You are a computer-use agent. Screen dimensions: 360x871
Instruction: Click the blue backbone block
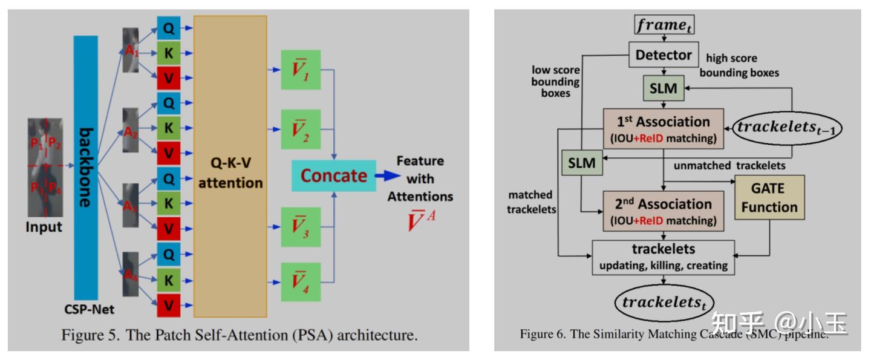[85, 167]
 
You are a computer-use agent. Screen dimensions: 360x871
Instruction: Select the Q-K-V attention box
[230, 166]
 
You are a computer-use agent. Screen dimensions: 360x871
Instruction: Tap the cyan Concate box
[333, 175]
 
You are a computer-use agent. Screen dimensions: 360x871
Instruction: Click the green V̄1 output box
[301, 70]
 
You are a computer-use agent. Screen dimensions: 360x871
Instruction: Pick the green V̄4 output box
[301, 282]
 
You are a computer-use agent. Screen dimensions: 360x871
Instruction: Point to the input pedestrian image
[45, 167]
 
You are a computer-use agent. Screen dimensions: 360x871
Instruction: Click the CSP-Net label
[89, 310]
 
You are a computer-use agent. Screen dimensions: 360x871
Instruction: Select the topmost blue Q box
[169, 27]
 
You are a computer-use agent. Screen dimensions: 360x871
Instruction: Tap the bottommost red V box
[169, 305]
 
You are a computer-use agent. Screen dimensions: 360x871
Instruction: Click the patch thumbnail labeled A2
[130, 130]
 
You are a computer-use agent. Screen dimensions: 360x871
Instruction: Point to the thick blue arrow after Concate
[387, 175]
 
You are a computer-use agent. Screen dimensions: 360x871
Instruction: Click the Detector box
[664, 55]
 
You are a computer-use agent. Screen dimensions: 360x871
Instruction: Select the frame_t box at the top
[664, 25]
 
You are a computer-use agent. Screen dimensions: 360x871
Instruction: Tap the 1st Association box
[663, 128]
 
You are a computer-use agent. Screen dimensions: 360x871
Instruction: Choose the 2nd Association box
[663, 211]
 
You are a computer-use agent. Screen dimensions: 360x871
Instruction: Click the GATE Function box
[769, 198]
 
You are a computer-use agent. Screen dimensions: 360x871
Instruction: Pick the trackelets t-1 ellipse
[788, 128]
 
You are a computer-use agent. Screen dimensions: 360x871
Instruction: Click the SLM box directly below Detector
[664, 89]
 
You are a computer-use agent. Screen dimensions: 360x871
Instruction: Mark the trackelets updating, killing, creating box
[663, 257]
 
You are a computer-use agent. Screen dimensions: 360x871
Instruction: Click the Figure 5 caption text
[239, 335]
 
